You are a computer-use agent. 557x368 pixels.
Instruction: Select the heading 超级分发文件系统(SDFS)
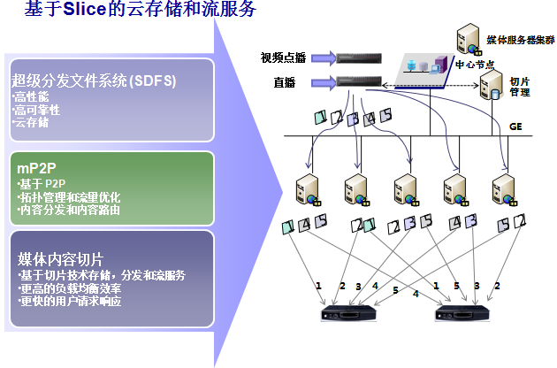94,80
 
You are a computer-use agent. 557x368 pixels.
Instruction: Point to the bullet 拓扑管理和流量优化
66,197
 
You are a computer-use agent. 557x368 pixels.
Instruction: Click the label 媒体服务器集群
519,41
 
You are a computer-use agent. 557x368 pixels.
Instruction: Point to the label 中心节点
475,65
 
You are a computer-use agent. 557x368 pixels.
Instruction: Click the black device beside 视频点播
360,59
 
